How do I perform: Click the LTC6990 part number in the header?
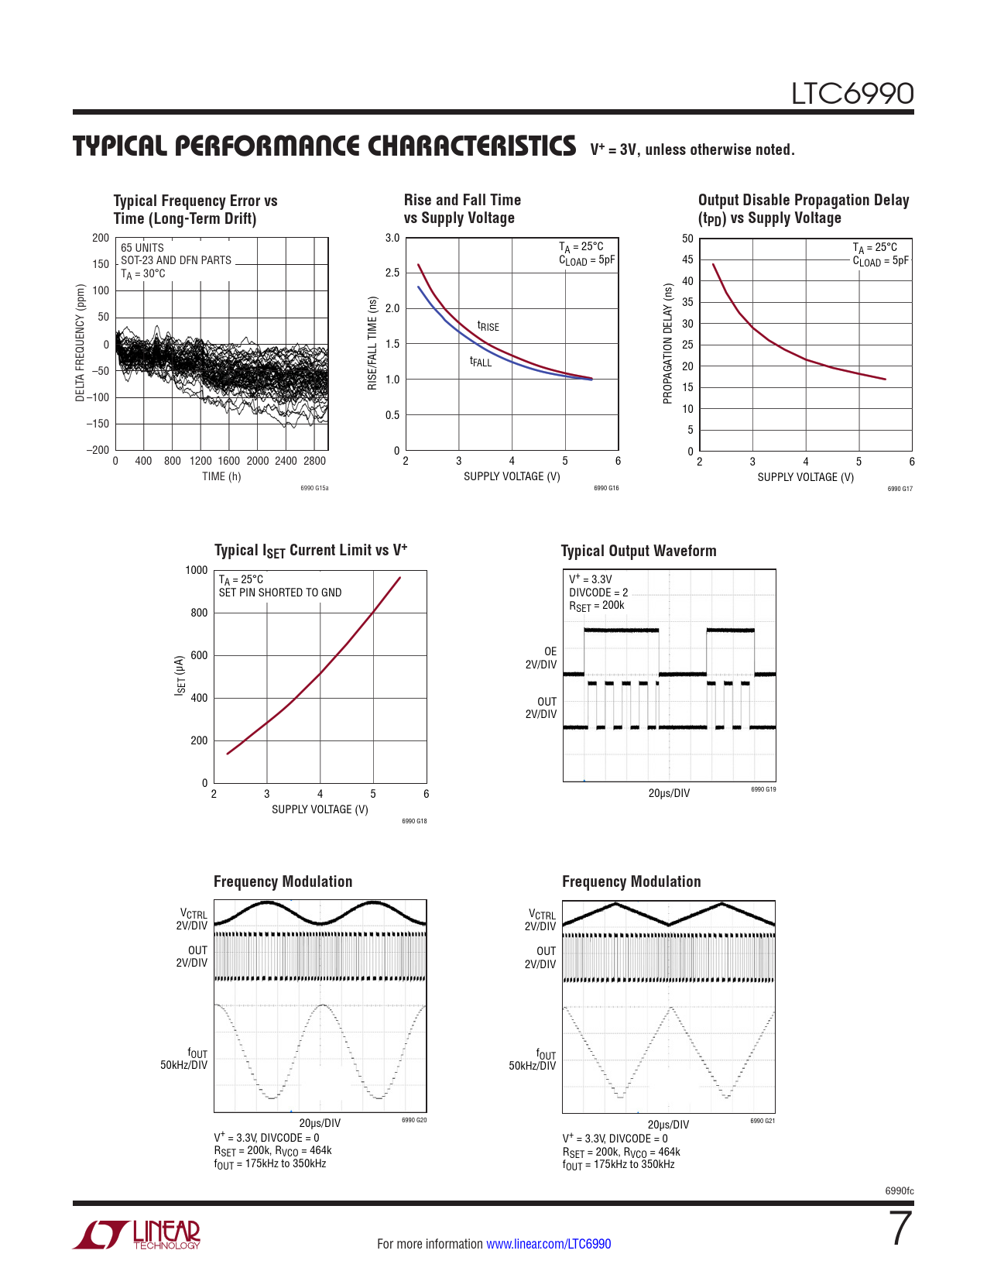852,94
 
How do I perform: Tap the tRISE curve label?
488,327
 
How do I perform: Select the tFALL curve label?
481,362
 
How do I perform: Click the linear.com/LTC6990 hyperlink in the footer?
548,1244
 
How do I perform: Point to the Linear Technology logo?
137,1235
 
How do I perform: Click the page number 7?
900,1228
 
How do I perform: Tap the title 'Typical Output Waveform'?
639,551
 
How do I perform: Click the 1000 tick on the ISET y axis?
197,571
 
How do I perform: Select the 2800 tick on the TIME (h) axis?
314,461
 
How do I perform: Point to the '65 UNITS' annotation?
142,248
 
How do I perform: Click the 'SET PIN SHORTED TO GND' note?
280,593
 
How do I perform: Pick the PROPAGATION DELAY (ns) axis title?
667,344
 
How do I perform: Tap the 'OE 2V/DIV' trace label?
541,658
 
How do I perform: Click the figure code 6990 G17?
900,489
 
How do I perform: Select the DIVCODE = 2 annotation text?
598,593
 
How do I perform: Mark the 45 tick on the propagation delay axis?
687,260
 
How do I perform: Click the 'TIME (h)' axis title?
221,476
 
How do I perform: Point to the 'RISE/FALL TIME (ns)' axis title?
372,344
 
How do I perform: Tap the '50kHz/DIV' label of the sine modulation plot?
184,1066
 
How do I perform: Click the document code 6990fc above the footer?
899,1191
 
